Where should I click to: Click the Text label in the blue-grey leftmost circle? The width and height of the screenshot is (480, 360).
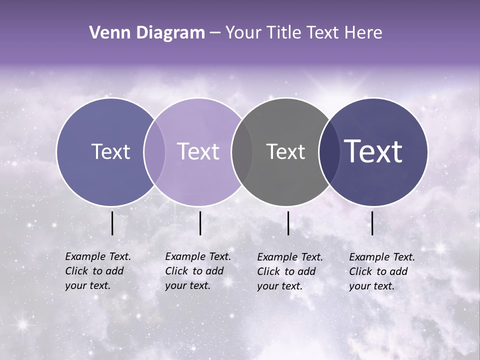110,151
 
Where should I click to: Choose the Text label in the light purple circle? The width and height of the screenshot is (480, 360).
198,151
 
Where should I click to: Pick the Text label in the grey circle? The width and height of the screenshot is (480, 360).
285,151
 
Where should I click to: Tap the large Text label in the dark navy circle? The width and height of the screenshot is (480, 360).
373,151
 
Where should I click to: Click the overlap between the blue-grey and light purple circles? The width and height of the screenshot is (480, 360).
154,151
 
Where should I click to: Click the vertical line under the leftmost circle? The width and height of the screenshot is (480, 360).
112,223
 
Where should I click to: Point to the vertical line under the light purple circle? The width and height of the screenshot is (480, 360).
200,223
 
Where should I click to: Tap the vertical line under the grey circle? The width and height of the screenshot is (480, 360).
288,223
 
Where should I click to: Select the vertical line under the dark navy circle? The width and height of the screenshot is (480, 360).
372,223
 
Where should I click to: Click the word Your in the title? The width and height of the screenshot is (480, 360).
243,33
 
